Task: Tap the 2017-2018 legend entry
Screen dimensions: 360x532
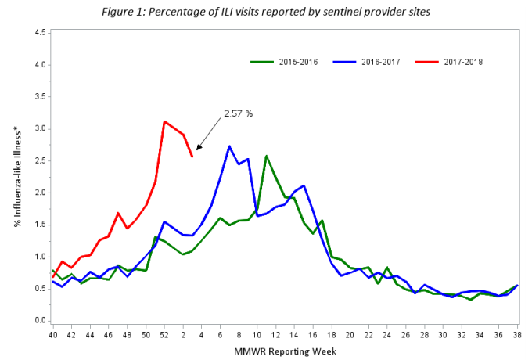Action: [x=453, y=61]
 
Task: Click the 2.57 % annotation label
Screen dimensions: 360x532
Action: [x=238, y=113]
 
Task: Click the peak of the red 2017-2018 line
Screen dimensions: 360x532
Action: [x=164, y=121]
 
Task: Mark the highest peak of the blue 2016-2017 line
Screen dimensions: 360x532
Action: [x=229, y=146]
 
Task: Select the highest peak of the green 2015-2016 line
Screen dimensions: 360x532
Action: [x=266, y=156]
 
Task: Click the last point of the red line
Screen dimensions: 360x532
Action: [x=192, y=157]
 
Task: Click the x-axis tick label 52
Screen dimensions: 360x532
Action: [x=164, y=334]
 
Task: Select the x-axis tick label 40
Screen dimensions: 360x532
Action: [x=53, y=334]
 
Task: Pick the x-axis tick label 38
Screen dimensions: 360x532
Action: [x=516, y=334]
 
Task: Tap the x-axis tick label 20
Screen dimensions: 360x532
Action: [x=349, y=334]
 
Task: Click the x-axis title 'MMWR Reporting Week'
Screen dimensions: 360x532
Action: [x=285, y=351]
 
